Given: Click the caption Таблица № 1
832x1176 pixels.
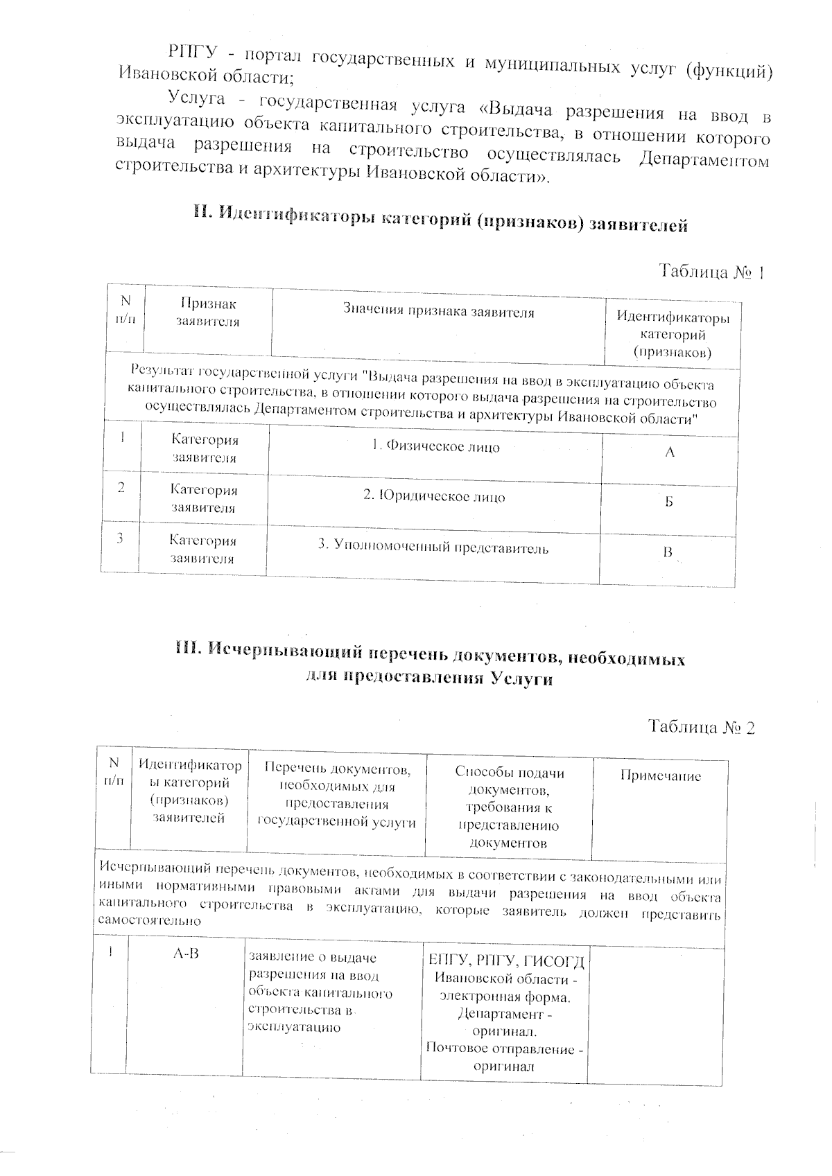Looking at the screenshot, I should pyautogui.click(x=711, y=272).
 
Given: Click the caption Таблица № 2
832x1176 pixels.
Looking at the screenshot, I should pyautogui.click(x=701, y=726).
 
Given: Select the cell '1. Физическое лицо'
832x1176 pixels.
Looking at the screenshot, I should pyautogui.click(x=435, y=446).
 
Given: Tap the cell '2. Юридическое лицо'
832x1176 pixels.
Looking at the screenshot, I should pyautogui.click(x=434, y=497).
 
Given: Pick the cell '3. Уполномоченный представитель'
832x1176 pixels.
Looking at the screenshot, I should pyautogui.click(x=433, y=548).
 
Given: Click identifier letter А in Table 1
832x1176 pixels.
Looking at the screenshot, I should pyautogui.click(x=670, y=453).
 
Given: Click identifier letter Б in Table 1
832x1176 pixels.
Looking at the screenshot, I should pyautogui.click(x=669, y=502).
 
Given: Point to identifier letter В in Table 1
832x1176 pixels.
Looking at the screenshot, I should pyautogui.click(x=668, y=553).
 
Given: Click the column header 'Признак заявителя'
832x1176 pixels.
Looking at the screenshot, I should pyautogui.click(x=208, y=313).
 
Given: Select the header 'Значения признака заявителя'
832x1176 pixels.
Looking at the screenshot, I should pyautogui.click(x=439, y=312).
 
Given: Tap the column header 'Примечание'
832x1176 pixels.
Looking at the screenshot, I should pyautogui.click(x=660, y=776).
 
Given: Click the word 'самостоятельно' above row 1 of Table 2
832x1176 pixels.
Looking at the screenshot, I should pyautogui.click(x=150, y=921).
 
